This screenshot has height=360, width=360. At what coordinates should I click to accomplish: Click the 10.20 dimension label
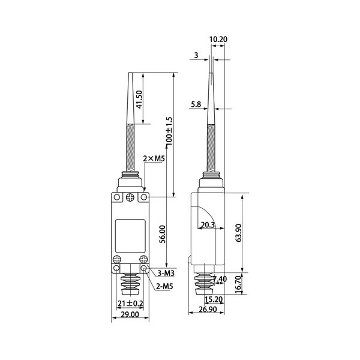point(218,39)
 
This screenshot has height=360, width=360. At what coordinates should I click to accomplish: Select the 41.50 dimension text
point(139,99)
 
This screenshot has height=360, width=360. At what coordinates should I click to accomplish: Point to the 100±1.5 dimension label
point(169,131)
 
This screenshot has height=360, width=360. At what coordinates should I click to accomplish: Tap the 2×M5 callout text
point(154,158)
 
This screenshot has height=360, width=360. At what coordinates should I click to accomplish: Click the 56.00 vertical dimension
point(163,234)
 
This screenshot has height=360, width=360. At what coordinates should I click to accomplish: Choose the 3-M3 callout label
point(166,273)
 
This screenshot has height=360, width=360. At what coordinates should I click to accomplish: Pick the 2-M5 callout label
point(164,286)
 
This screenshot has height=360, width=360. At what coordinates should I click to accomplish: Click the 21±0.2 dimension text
point(130,304)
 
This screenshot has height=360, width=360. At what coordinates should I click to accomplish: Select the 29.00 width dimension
point(130,314)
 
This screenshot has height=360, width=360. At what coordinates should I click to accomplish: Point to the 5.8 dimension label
point(196,104)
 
